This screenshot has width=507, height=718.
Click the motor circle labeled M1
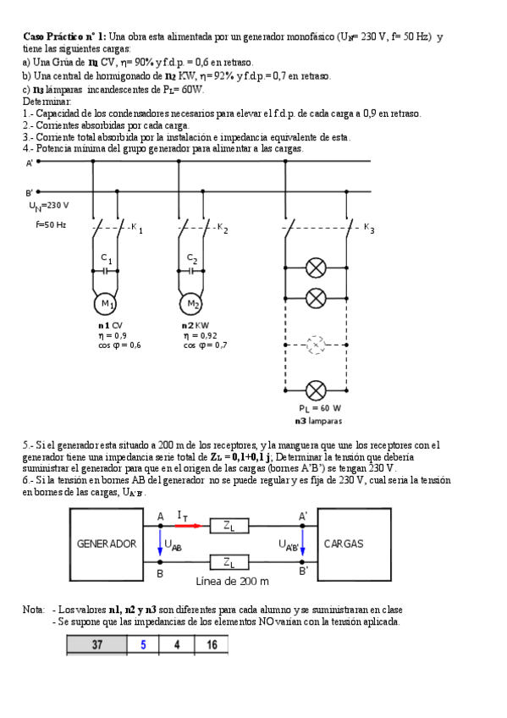point(107,304)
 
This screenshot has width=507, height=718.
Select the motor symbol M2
point(192,304)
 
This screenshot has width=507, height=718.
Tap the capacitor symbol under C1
point(107,271)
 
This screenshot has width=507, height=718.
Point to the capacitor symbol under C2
point(192,271)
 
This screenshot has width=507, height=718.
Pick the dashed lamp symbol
point(316,345)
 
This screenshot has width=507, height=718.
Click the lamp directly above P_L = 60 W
point(316,390)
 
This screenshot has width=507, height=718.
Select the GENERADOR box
point(107,544)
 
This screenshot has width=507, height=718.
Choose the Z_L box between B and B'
point(229,561)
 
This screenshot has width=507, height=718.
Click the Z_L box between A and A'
point(229,526)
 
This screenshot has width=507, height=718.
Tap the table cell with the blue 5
point(143,644)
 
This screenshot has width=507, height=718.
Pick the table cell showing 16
point(211,644)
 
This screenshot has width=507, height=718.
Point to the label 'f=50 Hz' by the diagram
point(51,224)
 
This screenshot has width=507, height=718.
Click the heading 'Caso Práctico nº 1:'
point(64,36)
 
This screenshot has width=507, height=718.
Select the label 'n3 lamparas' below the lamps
point(318,420)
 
